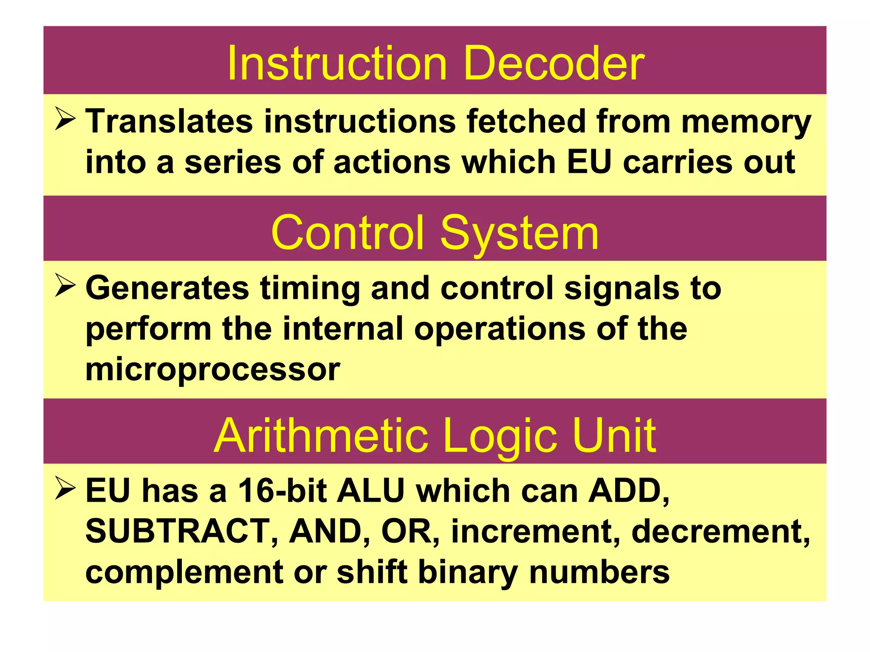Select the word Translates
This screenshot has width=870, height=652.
[169, 121]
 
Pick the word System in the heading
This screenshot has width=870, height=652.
[519, 233]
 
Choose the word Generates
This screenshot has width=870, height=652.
[167, 288]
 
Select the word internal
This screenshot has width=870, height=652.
[343, 329]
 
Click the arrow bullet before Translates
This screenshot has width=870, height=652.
[65, 119]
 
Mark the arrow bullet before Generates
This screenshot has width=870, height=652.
[65, 286]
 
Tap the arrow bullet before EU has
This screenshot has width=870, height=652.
[65, 488]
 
